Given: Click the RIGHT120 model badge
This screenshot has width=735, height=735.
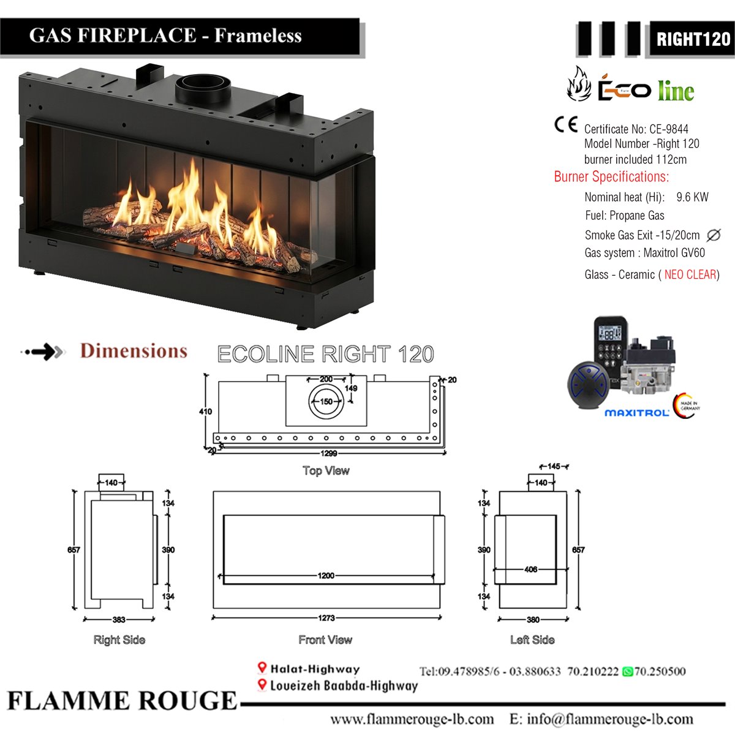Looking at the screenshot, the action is pos(692,39).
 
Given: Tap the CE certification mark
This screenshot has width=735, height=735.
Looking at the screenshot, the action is pos(566,124).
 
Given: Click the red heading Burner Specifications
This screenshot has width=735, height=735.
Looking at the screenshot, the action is pos(611,176).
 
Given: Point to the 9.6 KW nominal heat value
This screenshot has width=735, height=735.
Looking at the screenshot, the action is pos(692,197).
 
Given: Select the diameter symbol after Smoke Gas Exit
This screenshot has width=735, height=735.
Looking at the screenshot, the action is pos(714,235).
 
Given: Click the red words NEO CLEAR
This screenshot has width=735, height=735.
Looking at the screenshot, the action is pos(690,274).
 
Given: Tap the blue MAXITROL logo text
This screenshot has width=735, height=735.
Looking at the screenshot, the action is pos(636,413).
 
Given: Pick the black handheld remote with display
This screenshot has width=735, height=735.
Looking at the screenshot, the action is pos(611,351).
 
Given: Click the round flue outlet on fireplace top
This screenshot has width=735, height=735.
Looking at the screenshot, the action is pos(203,88).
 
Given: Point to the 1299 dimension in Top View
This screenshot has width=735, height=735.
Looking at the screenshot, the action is pos(328,453).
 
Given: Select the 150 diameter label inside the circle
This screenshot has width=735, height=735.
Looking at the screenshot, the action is pos(326,401).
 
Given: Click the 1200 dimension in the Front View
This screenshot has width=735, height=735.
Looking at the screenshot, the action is pos(326,576).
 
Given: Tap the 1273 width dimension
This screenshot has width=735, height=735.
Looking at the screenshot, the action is pos(326,618).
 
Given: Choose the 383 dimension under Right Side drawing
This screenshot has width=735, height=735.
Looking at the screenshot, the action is pos(119,619).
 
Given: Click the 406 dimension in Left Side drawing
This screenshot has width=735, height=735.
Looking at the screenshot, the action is pos(530,570).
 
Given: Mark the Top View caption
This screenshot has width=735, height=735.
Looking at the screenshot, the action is pos(326,470).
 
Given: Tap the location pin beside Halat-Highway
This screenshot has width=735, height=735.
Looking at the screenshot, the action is pos(262,668).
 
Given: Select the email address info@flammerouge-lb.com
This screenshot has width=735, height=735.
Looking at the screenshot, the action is pos(610,719).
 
